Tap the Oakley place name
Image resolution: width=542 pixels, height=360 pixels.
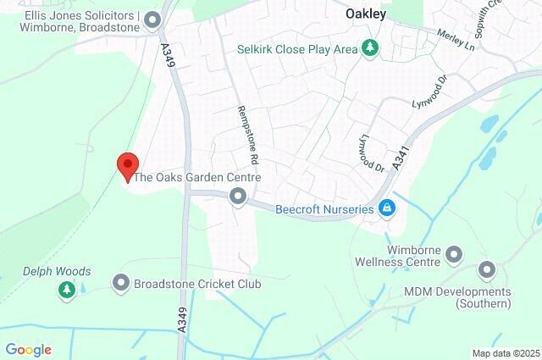point(366,14)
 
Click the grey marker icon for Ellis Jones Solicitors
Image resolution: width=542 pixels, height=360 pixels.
point(153,19)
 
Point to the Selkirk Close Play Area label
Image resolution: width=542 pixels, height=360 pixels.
point(297,49)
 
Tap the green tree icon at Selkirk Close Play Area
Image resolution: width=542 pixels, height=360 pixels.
point(369,49)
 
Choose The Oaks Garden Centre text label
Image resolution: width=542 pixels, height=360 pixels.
point(197,178)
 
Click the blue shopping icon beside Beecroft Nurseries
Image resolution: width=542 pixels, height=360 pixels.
point(387,208)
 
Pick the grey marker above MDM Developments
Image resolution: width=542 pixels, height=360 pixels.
point(487,271)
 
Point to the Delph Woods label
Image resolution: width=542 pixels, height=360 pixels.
point(57,272)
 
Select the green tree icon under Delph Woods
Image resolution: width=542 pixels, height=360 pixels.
point(66,291)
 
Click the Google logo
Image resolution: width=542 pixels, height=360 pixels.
point(28,350)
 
